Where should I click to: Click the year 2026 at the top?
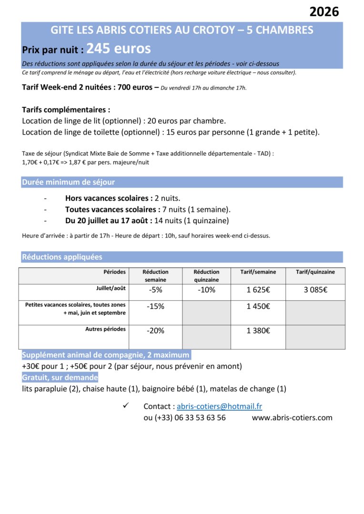coord(324,12)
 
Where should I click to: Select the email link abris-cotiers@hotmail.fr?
coord(219,406)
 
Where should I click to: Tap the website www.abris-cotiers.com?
coord(292,417)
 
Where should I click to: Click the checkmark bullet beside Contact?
coord(126,405)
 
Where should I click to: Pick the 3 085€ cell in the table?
coord(315,290)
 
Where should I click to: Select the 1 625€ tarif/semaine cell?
coord(258,290)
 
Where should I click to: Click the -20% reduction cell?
coord(156,331)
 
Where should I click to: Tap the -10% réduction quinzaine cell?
coord(207,290)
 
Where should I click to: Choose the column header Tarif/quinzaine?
coord(315,272)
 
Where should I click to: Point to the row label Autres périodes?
coord(105,329)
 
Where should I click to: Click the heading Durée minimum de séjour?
coord(68,182)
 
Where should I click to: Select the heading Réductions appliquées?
coord(62,257)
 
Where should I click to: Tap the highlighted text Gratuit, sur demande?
coord(60,377)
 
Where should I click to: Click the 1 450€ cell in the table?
coord(258,306)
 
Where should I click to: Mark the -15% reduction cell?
coord(156,306)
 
